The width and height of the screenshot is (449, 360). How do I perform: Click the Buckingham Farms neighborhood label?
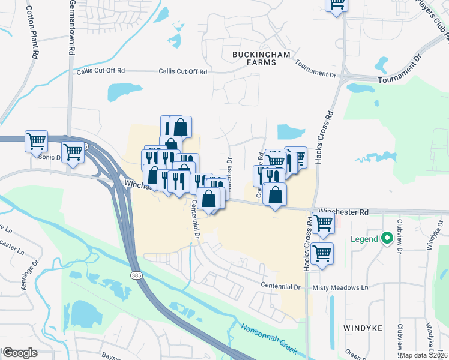(x=261, y=58)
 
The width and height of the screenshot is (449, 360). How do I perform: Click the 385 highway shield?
(x=136, y=274)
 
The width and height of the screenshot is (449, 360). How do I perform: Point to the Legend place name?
(x=364, y=239)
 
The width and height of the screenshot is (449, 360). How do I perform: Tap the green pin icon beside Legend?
(x=387, y=239)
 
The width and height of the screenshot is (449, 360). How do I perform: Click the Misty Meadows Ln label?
(x=340, y=288)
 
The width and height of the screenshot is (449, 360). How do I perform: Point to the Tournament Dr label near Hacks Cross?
(x=316, y=73)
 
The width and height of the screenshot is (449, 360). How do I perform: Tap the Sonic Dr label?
(x=50, y=157)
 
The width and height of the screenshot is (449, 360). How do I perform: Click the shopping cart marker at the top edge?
(x=337, y=5)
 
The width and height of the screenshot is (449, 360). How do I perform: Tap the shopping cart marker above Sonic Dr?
(x=36, y=141)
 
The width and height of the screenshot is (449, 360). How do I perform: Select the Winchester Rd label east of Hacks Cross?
(x=343, y=212)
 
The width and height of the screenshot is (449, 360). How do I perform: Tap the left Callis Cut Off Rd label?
(x=101, y=71)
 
